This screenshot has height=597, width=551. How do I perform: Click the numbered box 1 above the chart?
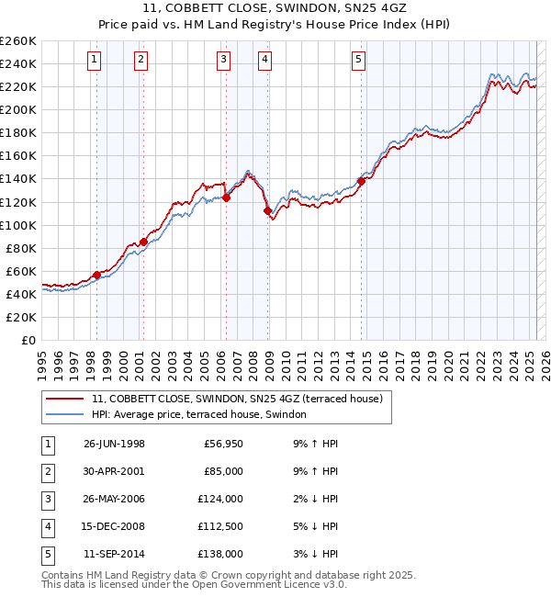click(96, 61)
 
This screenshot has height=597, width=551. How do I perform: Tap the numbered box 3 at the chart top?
click(224, 61)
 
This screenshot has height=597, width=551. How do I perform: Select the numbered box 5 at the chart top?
click(357, 61)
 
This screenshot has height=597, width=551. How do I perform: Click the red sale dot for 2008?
click(268, 210)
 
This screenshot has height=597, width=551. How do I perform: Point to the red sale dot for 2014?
click(361, 181)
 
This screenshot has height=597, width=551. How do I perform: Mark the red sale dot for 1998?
click(97, 275)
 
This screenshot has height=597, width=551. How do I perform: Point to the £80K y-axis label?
click(21, 248)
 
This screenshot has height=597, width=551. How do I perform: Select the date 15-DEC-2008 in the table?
click(114, 527)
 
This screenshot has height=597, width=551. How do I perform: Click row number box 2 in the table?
click(47, 472)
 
